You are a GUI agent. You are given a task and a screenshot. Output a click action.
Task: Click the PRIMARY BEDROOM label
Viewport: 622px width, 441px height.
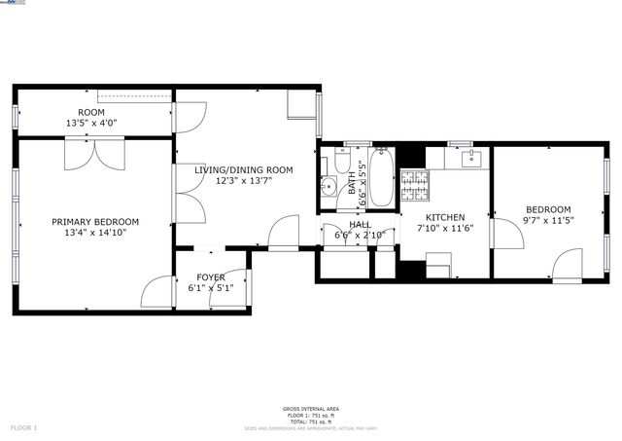(95, 221)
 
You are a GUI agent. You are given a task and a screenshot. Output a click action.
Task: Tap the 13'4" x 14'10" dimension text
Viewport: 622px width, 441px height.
(95, 233)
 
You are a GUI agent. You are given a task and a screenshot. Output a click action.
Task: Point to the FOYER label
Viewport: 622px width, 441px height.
(211, 277)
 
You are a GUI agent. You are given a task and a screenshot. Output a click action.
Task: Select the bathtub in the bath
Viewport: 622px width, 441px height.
(381, 177)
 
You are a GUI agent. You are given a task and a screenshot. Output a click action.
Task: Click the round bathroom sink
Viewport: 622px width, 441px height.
(329, 186)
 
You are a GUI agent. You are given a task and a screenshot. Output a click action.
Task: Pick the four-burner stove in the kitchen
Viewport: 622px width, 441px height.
(415, 181)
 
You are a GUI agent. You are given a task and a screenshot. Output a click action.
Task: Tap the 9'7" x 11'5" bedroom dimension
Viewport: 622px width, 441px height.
(548, 221)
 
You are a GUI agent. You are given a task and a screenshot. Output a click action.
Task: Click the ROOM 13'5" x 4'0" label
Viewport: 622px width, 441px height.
(91, 118)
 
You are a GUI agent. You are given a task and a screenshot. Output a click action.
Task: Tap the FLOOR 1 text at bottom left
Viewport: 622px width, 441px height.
(23, 427)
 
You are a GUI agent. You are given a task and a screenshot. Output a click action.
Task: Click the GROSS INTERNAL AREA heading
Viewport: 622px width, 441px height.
(311, 409)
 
